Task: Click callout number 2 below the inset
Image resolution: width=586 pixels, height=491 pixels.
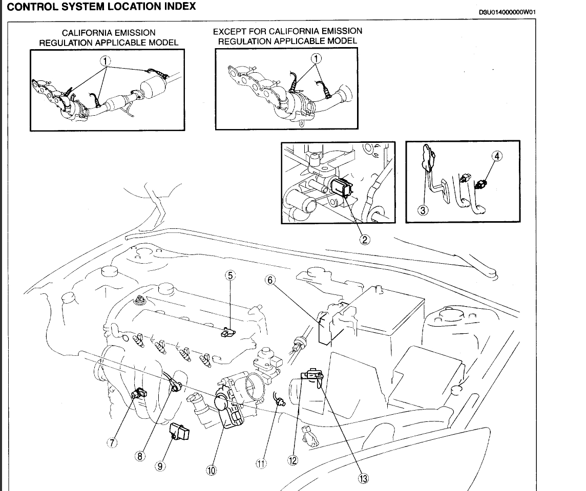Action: point(365,239)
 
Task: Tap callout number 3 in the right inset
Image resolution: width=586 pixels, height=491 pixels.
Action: point(423,210)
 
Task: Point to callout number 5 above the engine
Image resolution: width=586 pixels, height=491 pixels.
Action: point(230,275)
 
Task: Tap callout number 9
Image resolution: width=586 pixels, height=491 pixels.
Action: point(160,466)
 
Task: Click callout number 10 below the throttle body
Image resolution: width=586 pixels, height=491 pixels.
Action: point(211,471)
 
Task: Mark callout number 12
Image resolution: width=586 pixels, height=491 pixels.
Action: point(292,460)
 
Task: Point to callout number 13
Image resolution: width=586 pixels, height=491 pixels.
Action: point(363,479)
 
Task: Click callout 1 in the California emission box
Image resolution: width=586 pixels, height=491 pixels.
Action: point(106,60)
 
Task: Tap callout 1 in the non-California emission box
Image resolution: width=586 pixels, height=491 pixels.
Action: point(317,58)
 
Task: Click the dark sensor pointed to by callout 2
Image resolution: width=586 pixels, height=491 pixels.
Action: point(341,187)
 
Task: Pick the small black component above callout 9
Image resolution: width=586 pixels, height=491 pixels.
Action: point(179,431)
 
